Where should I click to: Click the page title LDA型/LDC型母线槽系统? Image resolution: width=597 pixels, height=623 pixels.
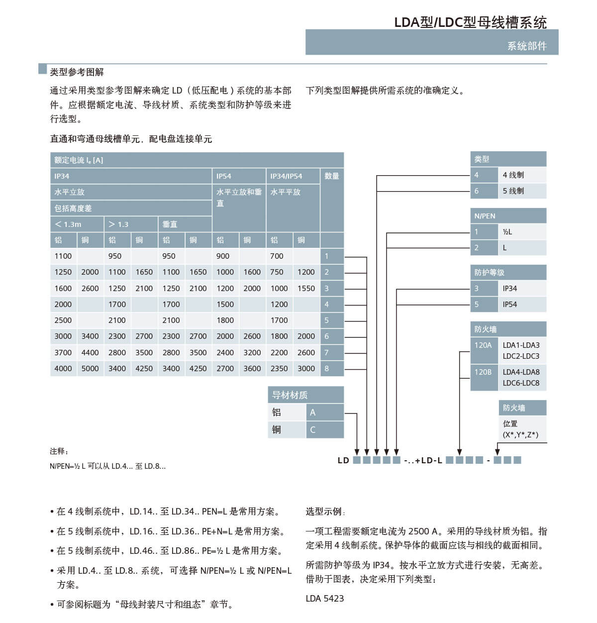click(470, 22)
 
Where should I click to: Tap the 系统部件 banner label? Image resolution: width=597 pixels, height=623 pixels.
click(526, 46)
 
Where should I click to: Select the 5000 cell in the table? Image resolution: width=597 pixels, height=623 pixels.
click(90, 368)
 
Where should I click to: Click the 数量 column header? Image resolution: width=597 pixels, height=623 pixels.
click(331, 176)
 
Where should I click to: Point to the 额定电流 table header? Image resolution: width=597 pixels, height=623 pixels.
click(79, 160)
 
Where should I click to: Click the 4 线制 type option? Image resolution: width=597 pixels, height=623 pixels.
click(513, 175)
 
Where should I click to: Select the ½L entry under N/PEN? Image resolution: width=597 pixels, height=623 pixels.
click(507, 231)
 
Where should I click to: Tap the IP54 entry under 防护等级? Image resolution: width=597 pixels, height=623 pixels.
click(509, 304)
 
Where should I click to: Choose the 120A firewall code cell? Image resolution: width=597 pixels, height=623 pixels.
click(483, 345)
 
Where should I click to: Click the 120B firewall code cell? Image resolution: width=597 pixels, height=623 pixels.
click(483, 372)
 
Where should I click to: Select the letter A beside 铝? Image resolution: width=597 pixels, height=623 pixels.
click(313, 413)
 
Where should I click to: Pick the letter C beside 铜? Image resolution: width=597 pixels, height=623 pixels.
click(313, 429)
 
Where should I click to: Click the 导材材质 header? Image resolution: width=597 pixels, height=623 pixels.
click(290, 395)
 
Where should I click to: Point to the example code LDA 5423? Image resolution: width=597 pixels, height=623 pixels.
click(324, 598)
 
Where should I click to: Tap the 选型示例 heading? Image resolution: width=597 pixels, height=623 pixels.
click(325, 512)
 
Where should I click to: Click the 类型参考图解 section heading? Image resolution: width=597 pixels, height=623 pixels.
click(77, 72)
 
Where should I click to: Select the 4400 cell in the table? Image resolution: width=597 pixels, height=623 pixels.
click(90, 352)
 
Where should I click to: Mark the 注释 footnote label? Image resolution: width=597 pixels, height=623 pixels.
click(59, 451)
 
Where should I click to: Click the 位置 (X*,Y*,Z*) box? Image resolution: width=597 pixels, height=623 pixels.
click(520, 429)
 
